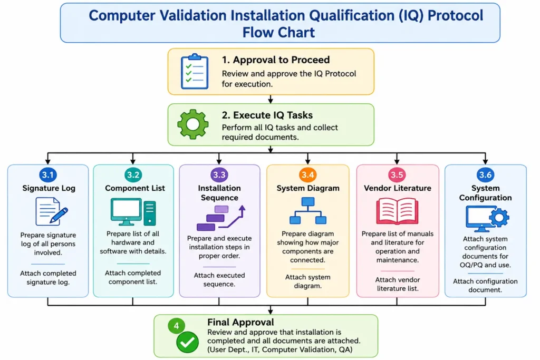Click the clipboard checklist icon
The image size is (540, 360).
click(x=195, y=71)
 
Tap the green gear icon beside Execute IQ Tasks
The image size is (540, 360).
click(x=193, y=124)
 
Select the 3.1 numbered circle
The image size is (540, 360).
click(x=48, y=175)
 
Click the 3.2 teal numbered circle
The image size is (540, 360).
click(x=133, y=175)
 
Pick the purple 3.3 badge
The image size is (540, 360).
click(x=219, y=175)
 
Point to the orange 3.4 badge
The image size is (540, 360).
click(x=307, y=175)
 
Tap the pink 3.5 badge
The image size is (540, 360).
click(x=397, y=175)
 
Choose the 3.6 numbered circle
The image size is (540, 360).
click(x=485, y=175)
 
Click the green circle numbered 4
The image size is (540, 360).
click(x=176, y=326)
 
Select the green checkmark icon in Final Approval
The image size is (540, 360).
click(x=187, y=342)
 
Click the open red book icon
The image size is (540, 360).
click(x=397, y=211)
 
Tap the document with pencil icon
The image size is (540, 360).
click(x=51, y=211)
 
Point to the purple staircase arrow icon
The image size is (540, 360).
click(x=221, y=218)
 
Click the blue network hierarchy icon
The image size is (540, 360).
click(x=308, y=210)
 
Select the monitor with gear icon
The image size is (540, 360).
click(x=487, y=219)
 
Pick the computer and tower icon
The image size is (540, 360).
click(x=133, y=212)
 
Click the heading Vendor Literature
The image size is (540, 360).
click(x=398, y=188)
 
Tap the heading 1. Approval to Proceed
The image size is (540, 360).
click(x=275, y=60)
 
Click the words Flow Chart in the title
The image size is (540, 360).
click(x=278, y=32)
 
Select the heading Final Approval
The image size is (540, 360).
click(x=240, y=322)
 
